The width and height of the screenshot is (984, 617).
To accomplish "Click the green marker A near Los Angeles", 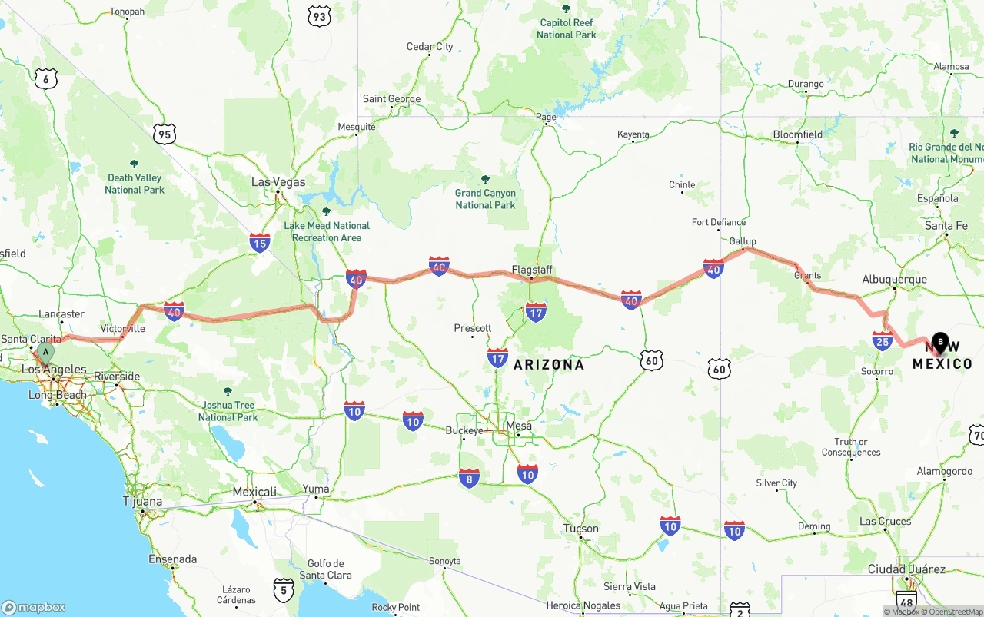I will click(x=46, y=353).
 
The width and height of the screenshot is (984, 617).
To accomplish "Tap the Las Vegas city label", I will click(x=278, y=182).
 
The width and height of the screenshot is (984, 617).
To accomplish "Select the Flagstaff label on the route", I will click(x=533, y=270).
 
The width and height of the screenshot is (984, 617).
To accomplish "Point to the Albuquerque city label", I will click(x=894, y=279).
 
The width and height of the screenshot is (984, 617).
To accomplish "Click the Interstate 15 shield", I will click(x=260, y=244).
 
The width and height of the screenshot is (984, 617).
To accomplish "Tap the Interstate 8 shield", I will click(x=469, y=478).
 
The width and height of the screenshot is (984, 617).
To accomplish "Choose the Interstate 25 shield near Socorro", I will click(x=882, y=341).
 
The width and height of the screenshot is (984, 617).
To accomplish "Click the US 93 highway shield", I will click(x=319, y=16).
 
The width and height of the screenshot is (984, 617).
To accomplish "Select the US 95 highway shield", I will click(x=164, y=134).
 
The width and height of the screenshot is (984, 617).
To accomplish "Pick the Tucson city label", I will click(x=580, y=529).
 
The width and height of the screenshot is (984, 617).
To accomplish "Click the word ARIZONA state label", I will click(x=549, y=364).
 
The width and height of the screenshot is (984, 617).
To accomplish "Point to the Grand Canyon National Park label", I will click(x=485, y=199).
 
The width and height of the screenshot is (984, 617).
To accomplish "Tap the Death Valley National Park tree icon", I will click(x=135, y=164).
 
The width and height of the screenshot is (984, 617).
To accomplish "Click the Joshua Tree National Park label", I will click(x=228, y=411).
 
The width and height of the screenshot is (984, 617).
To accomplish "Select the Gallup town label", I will click(x=743, y=241).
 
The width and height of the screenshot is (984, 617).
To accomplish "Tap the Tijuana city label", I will click(x=143, y=501).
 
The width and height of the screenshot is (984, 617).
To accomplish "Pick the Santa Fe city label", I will click(x=946, y=226).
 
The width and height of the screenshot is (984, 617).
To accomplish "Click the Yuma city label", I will click(x=316, y=489).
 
